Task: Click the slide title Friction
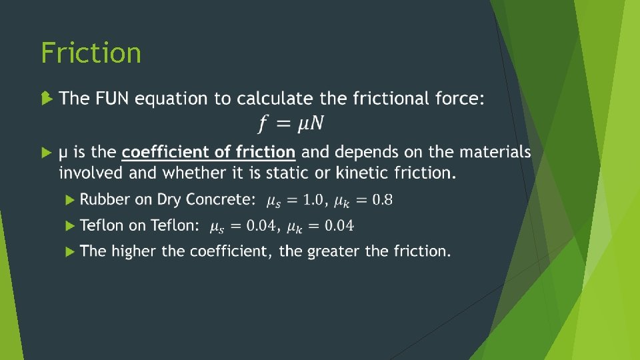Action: (91, 53)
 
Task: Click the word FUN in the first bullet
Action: (112, 99)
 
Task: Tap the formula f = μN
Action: (292, 123)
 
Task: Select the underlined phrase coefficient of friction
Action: (208, 153)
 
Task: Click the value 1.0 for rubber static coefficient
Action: (312, 199)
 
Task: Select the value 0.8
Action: (382, 199)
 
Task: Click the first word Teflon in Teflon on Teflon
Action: (101, 225)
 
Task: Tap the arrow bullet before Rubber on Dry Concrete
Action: (71, 199)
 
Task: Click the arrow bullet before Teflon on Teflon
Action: (71, 225)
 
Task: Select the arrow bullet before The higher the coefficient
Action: (71, 251)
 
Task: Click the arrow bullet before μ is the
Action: (45, 153)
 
